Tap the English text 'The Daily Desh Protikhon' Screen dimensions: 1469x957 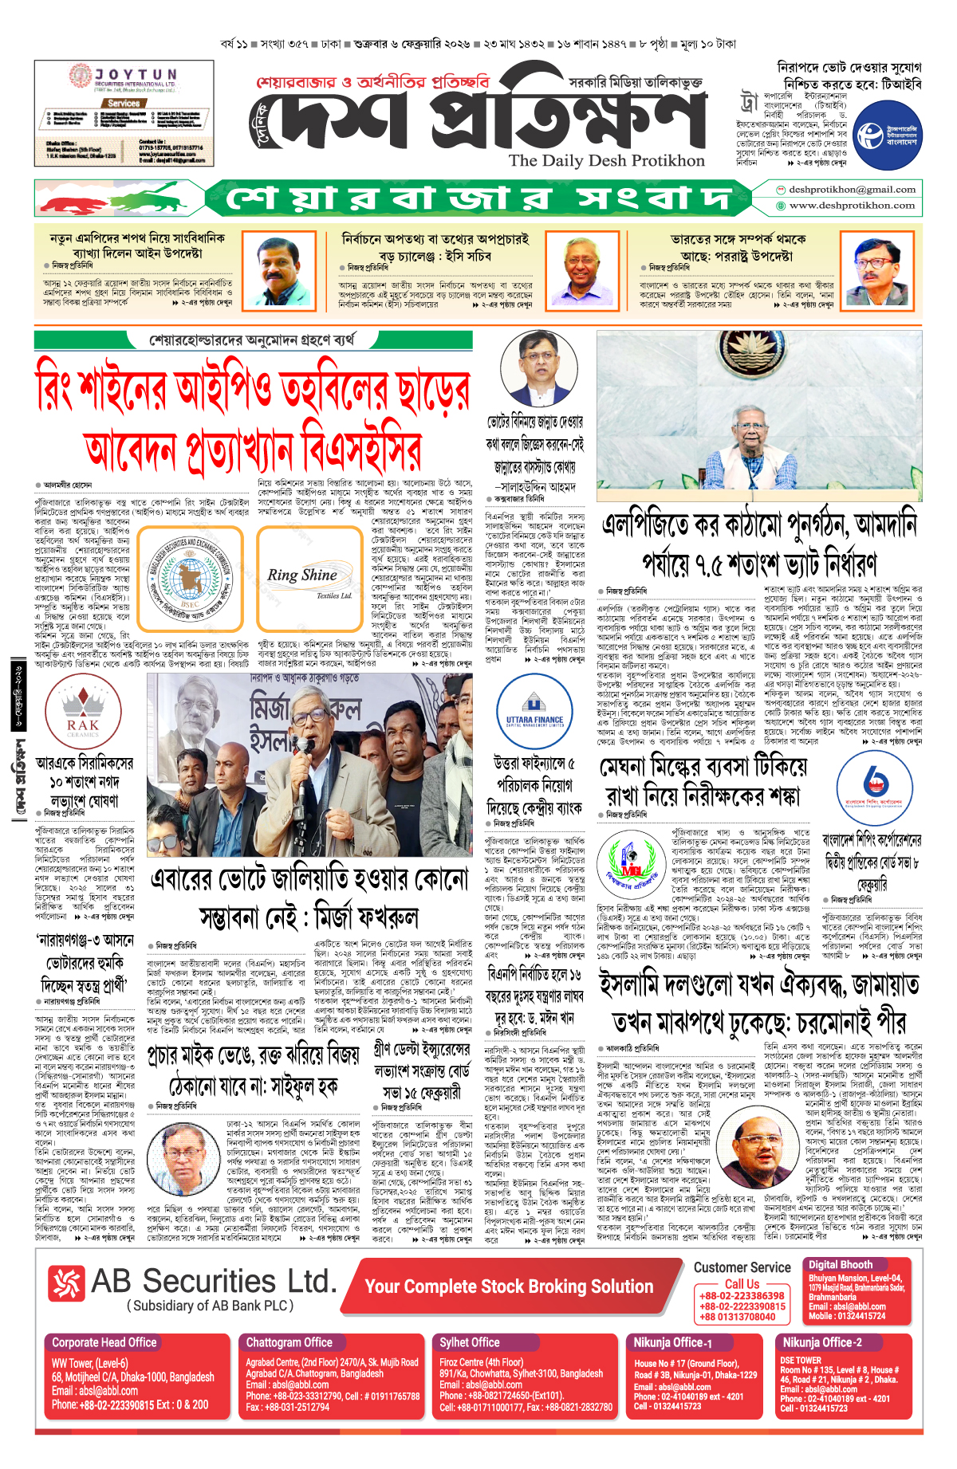[606, 160]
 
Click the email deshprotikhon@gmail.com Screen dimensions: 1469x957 [851, 190]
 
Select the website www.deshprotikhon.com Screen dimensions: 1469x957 [851, 206]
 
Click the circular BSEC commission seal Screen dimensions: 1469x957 [190, 578]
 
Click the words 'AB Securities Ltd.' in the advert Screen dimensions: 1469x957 [214, 1281]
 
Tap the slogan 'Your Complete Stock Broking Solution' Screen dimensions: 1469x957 [509, 1286]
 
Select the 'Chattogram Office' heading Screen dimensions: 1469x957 [289, 1342]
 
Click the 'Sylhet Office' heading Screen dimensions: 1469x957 [470, 1342]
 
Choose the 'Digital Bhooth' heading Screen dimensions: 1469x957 [841, 1265]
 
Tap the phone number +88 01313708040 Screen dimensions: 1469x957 [737, 1317]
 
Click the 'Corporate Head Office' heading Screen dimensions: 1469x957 [104, 1342]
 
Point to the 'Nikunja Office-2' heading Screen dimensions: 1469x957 [822, 1342]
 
